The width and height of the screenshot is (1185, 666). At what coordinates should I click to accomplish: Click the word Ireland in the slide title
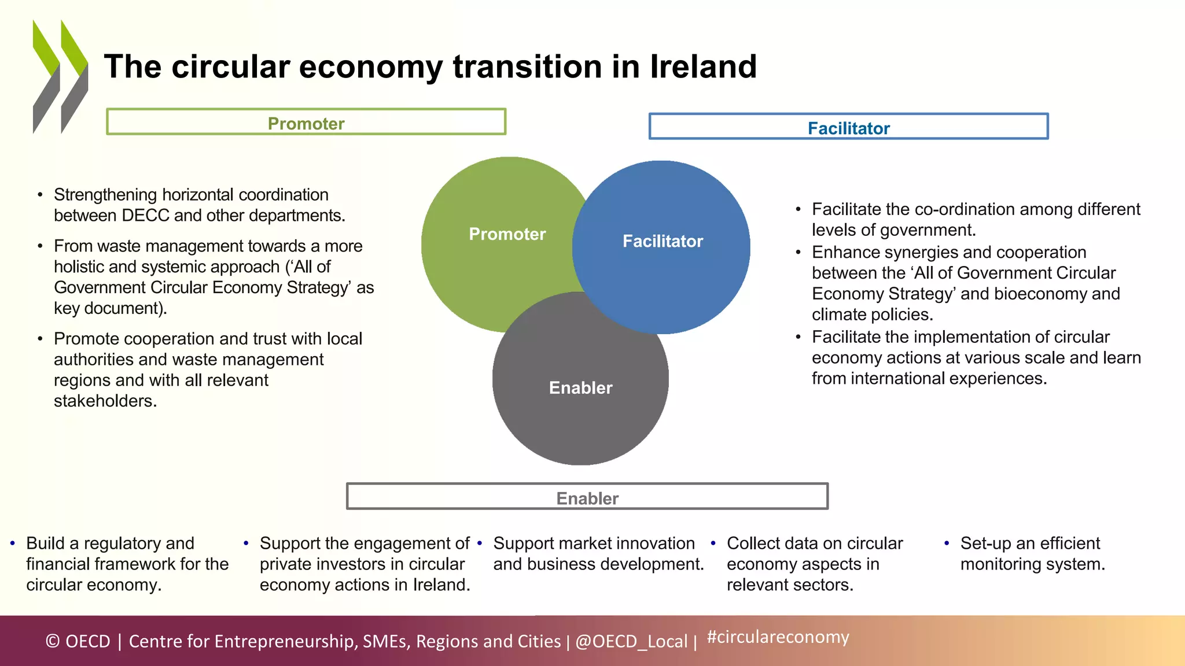click(x=703, y=66)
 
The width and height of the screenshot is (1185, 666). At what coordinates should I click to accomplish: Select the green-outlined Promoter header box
click(x=306, y=122)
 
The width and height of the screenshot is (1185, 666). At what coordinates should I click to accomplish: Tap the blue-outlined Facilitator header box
click(x=848, y=127)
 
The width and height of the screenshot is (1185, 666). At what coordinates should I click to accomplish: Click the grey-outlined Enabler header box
click(x=587, y=497)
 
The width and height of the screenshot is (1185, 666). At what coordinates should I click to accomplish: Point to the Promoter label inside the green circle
click(x=507, y=234)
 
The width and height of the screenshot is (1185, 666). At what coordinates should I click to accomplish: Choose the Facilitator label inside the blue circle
click(x=663, y=241)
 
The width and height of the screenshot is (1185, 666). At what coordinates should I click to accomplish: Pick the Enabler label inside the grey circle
click(x=580, y=388)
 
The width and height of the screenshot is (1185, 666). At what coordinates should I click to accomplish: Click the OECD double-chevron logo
click(x=60, y=77)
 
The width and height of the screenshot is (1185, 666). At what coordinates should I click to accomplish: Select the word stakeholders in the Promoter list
click(x=105, y=401)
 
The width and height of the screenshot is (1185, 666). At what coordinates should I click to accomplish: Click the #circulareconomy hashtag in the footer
click(x=778, y=637)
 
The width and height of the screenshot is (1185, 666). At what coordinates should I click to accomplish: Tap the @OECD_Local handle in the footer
click(x=631, y=641)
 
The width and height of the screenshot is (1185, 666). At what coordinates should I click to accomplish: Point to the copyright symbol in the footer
click(x=53, y=641)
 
